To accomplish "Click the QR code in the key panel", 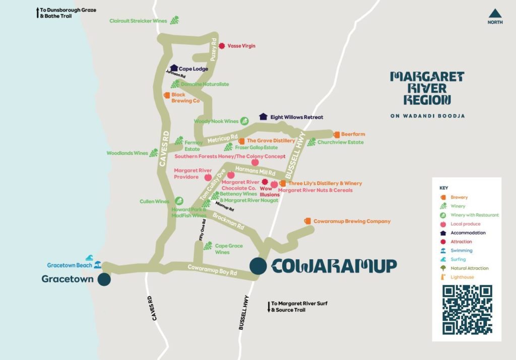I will (x=467, y=310).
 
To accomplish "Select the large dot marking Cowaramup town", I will (x=258, y=266).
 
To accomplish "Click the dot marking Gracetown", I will (x=104, y=279).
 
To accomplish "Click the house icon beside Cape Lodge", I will (x=174, y=68).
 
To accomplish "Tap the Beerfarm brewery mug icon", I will (x=336, y=134).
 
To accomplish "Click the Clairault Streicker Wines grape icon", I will (x=174, y=20).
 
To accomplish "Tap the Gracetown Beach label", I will (x=70, y=265).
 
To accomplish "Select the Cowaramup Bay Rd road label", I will (x=212, y=270).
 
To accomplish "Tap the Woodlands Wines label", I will (x=127, y=153).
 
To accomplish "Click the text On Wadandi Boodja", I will (x=427, y=116).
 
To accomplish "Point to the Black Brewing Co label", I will (x=185, y=98).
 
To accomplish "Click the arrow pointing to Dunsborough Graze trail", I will (x=38, y=13).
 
